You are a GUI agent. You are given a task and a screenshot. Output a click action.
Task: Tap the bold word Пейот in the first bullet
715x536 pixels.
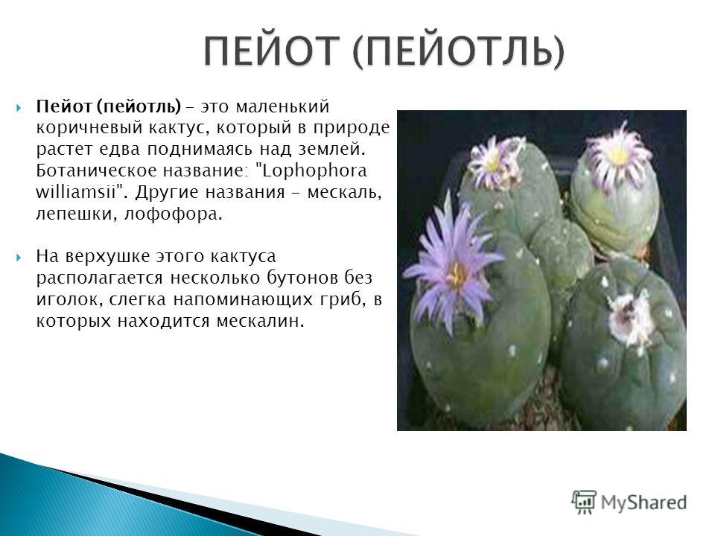coord(64,106)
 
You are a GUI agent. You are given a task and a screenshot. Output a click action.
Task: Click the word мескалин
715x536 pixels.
coord(260,322)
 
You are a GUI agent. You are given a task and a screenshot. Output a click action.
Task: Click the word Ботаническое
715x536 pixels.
coord(97,170)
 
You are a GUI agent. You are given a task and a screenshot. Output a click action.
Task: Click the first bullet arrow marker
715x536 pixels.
coord(19,108)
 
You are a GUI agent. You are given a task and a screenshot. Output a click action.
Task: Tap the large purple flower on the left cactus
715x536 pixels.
coord(453,269)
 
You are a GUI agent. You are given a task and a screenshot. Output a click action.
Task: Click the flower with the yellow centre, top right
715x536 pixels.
coord(618,155)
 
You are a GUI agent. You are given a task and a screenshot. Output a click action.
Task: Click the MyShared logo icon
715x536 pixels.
coord(584,502)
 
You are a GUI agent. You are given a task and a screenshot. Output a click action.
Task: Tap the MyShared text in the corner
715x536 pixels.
coord(643,502)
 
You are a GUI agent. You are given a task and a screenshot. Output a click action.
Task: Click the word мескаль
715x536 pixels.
coord(344,192)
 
